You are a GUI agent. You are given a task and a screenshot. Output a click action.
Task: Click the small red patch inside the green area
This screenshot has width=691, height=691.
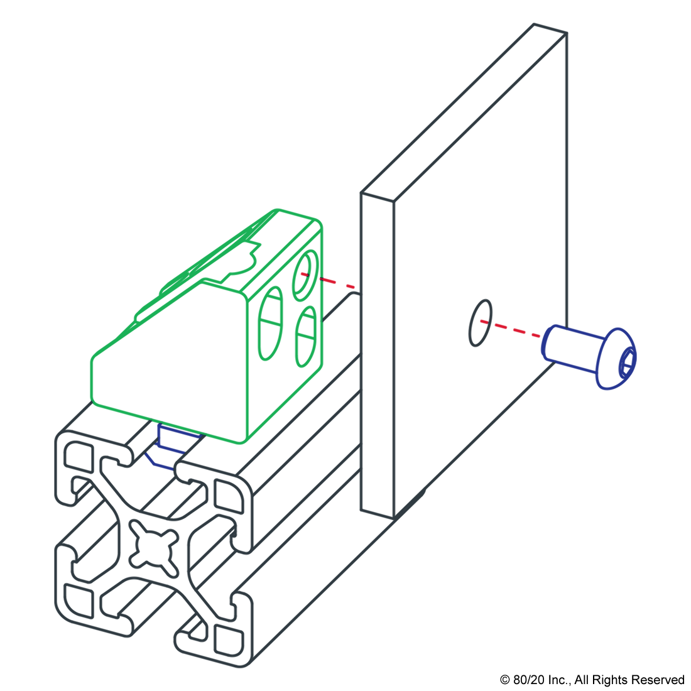tap(303, 274)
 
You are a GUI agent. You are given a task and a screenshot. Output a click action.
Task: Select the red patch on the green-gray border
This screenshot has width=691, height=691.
tap(340, 281)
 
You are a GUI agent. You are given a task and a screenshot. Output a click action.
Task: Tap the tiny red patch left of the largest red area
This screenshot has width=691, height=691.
tap(482, 321)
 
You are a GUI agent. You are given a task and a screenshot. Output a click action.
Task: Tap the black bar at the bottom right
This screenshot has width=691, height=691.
tap(591, 681)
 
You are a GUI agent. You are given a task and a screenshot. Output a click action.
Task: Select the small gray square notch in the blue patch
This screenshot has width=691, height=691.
tap(150, 445)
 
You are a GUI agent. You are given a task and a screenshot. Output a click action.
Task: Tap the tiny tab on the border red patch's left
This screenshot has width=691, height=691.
tap(320, 278)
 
